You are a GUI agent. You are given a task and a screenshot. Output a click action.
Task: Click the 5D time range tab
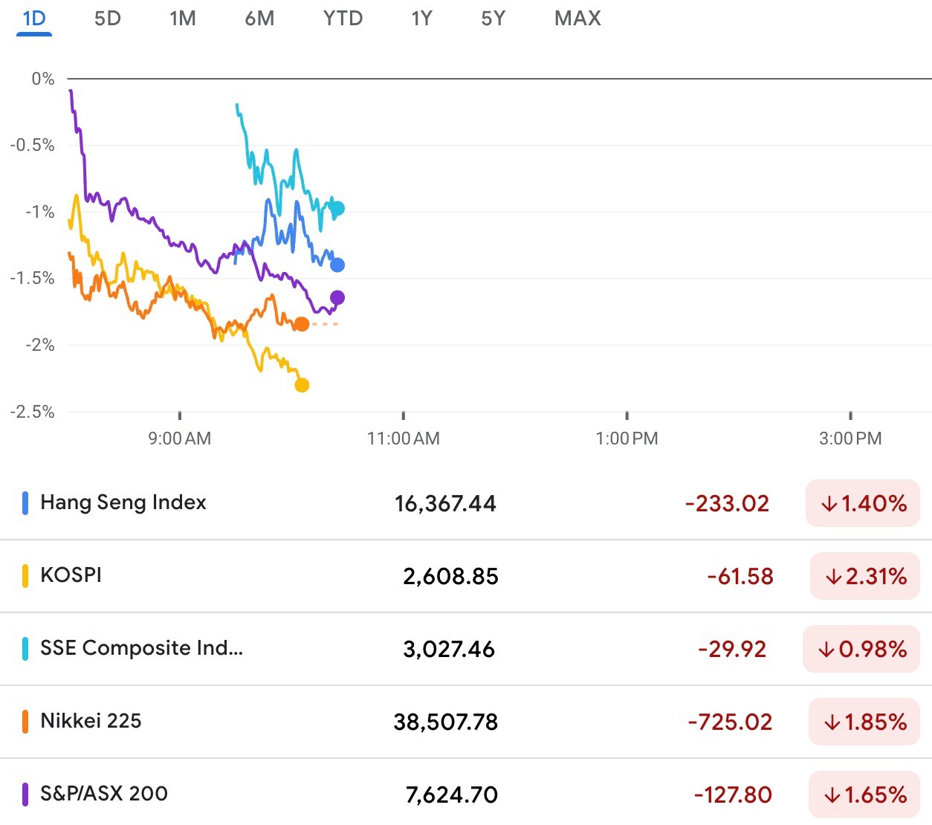click(x=107, y=18)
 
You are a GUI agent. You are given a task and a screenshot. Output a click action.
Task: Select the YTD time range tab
click(x=343, y=18)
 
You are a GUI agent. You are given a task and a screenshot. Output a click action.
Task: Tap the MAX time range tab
click(x=577, y=18)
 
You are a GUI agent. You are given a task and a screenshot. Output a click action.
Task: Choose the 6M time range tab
click(x=259, y=18)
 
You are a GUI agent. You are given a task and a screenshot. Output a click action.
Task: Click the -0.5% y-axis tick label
click(x=33, y=145)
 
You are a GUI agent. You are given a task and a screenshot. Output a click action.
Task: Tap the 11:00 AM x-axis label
click(x=403, y=439)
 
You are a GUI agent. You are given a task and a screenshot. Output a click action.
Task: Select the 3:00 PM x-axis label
click(x=850, y=439)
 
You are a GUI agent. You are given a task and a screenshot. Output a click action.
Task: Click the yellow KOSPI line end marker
click(x=302, y=385)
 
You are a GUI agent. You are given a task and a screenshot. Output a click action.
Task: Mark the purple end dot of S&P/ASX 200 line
click(x=337, y=298)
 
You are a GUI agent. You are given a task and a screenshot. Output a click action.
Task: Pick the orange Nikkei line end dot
click(x=302, y=324)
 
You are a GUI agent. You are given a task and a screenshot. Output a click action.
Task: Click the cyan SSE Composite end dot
click(x=337, y=209)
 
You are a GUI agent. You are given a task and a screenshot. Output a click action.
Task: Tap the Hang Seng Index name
click(x=123, y=502)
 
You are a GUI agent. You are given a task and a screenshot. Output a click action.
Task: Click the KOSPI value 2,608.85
click(x=450, y=576)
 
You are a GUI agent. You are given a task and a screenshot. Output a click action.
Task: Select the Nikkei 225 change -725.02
click(x=730, y=722)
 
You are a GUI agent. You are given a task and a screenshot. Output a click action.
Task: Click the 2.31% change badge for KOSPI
click(x=865, y=576)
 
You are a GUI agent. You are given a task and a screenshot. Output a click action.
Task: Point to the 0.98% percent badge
click(x=861, y=649)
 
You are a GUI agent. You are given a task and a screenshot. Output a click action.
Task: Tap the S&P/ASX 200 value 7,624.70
click(x=451, y=795)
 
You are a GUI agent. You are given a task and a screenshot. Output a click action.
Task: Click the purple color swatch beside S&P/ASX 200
click(x=25, y=794)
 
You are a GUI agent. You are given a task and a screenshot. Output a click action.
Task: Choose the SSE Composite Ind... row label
click(x=141, y=648)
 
